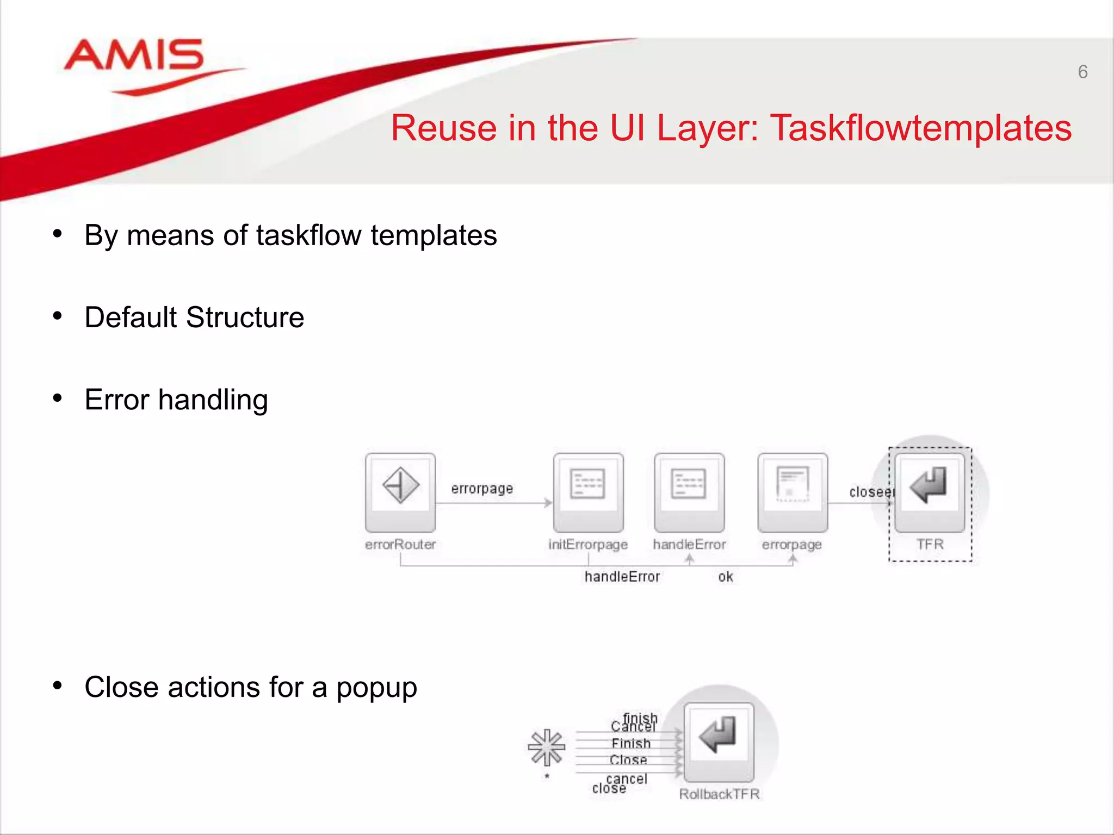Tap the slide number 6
coord(1082,72)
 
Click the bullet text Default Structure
coord(194,317)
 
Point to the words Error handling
coord(176,400)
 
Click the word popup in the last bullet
coord(376,688)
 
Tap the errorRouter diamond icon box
coord(400,485)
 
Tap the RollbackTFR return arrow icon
coord(719,735)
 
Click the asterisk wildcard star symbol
coord(547,747)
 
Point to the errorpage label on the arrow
coord(482,489)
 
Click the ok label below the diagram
coord(726,577)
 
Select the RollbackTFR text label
coord(719,794)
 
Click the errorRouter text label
coord(400,544)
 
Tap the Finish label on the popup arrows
coord(631,743)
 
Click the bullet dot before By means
coord(58,234)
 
